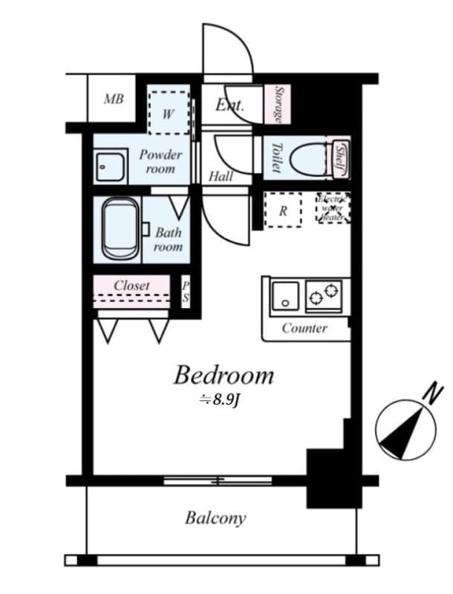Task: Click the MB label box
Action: (113, 99)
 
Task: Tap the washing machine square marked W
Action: (168, 113)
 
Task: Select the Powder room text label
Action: (160, 162)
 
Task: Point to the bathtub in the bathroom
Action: (120, 229)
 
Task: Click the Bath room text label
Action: (168, 240)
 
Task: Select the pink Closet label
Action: (131, 285)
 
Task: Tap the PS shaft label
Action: (186, 291)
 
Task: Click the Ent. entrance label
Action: (230, 105)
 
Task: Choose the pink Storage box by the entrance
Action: (278, 103)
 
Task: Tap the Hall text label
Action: (221, 176)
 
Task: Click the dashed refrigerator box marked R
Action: (283, 210)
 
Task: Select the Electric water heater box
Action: (333, 209)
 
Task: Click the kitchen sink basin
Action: (284, 296)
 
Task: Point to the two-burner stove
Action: (324, 296)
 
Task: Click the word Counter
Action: (304, 328)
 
